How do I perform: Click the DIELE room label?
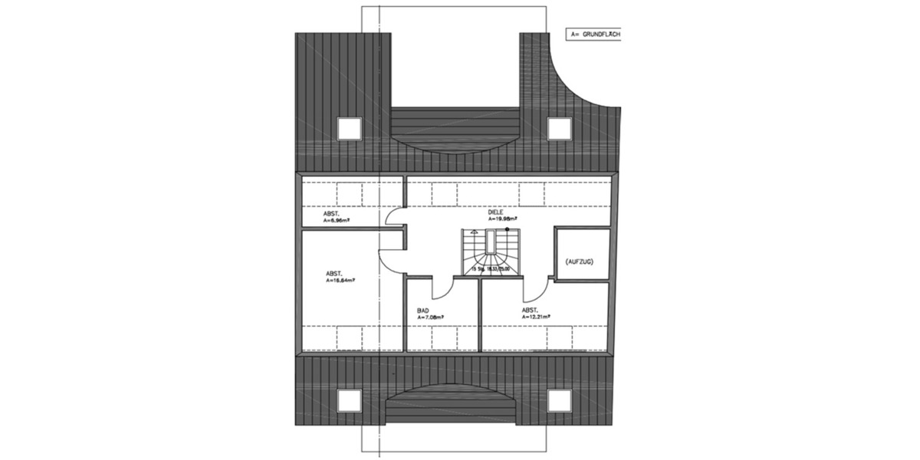tap(506, 212)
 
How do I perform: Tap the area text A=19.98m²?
tap(513, 219)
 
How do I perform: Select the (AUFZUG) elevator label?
tap(579, 261)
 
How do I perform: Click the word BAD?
tap(422, 310)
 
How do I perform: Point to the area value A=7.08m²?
tap(431, 317)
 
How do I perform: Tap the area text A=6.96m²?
tap(337, 219)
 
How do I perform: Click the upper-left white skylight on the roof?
tap(350, 128)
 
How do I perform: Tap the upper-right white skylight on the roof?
tap(558, 128)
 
